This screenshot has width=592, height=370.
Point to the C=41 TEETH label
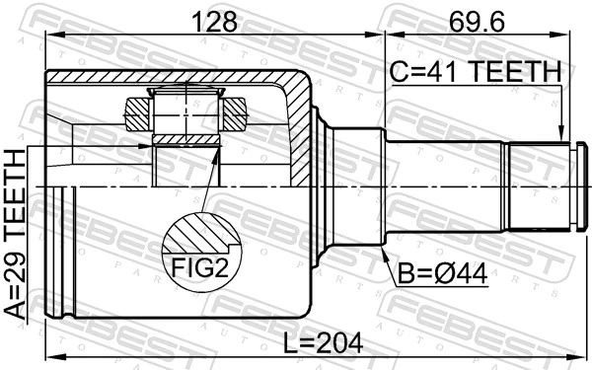[475, 73]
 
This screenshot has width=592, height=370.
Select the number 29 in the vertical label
[16, 255]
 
